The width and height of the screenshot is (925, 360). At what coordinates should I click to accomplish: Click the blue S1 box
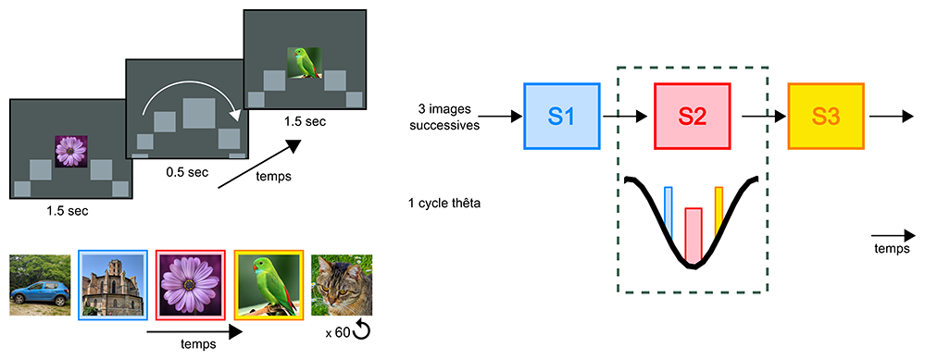[562, 116]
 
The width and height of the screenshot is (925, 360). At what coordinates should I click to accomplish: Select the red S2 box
[692, 116]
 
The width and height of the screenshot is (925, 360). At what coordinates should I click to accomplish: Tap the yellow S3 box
[826, 116]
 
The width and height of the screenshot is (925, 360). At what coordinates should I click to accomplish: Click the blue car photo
[40, 285]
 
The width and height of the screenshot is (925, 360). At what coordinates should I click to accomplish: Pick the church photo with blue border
[113, 285]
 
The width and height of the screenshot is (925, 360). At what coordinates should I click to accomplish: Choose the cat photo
[343, 285]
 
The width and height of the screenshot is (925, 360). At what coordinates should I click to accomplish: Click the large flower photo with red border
[191, 285]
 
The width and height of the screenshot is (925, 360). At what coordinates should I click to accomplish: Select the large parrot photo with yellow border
[269, 285]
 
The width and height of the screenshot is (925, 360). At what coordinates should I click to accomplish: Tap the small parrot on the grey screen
[304, 63]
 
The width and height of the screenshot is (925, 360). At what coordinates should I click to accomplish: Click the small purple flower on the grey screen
[70, 152]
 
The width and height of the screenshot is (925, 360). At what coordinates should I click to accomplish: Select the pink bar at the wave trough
[694, 234]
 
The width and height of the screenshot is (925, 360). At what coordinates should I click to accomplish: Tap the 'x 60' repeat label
[337, 333]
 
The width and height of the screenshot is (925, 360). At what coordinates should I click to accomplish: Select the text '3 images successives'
[446, 117]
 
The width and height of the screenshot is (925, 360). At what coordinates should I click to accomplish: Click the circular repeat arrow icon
[361, 331]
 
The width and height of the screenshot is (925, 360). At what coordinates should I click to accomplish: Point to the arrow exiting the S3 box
[887, 116]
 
